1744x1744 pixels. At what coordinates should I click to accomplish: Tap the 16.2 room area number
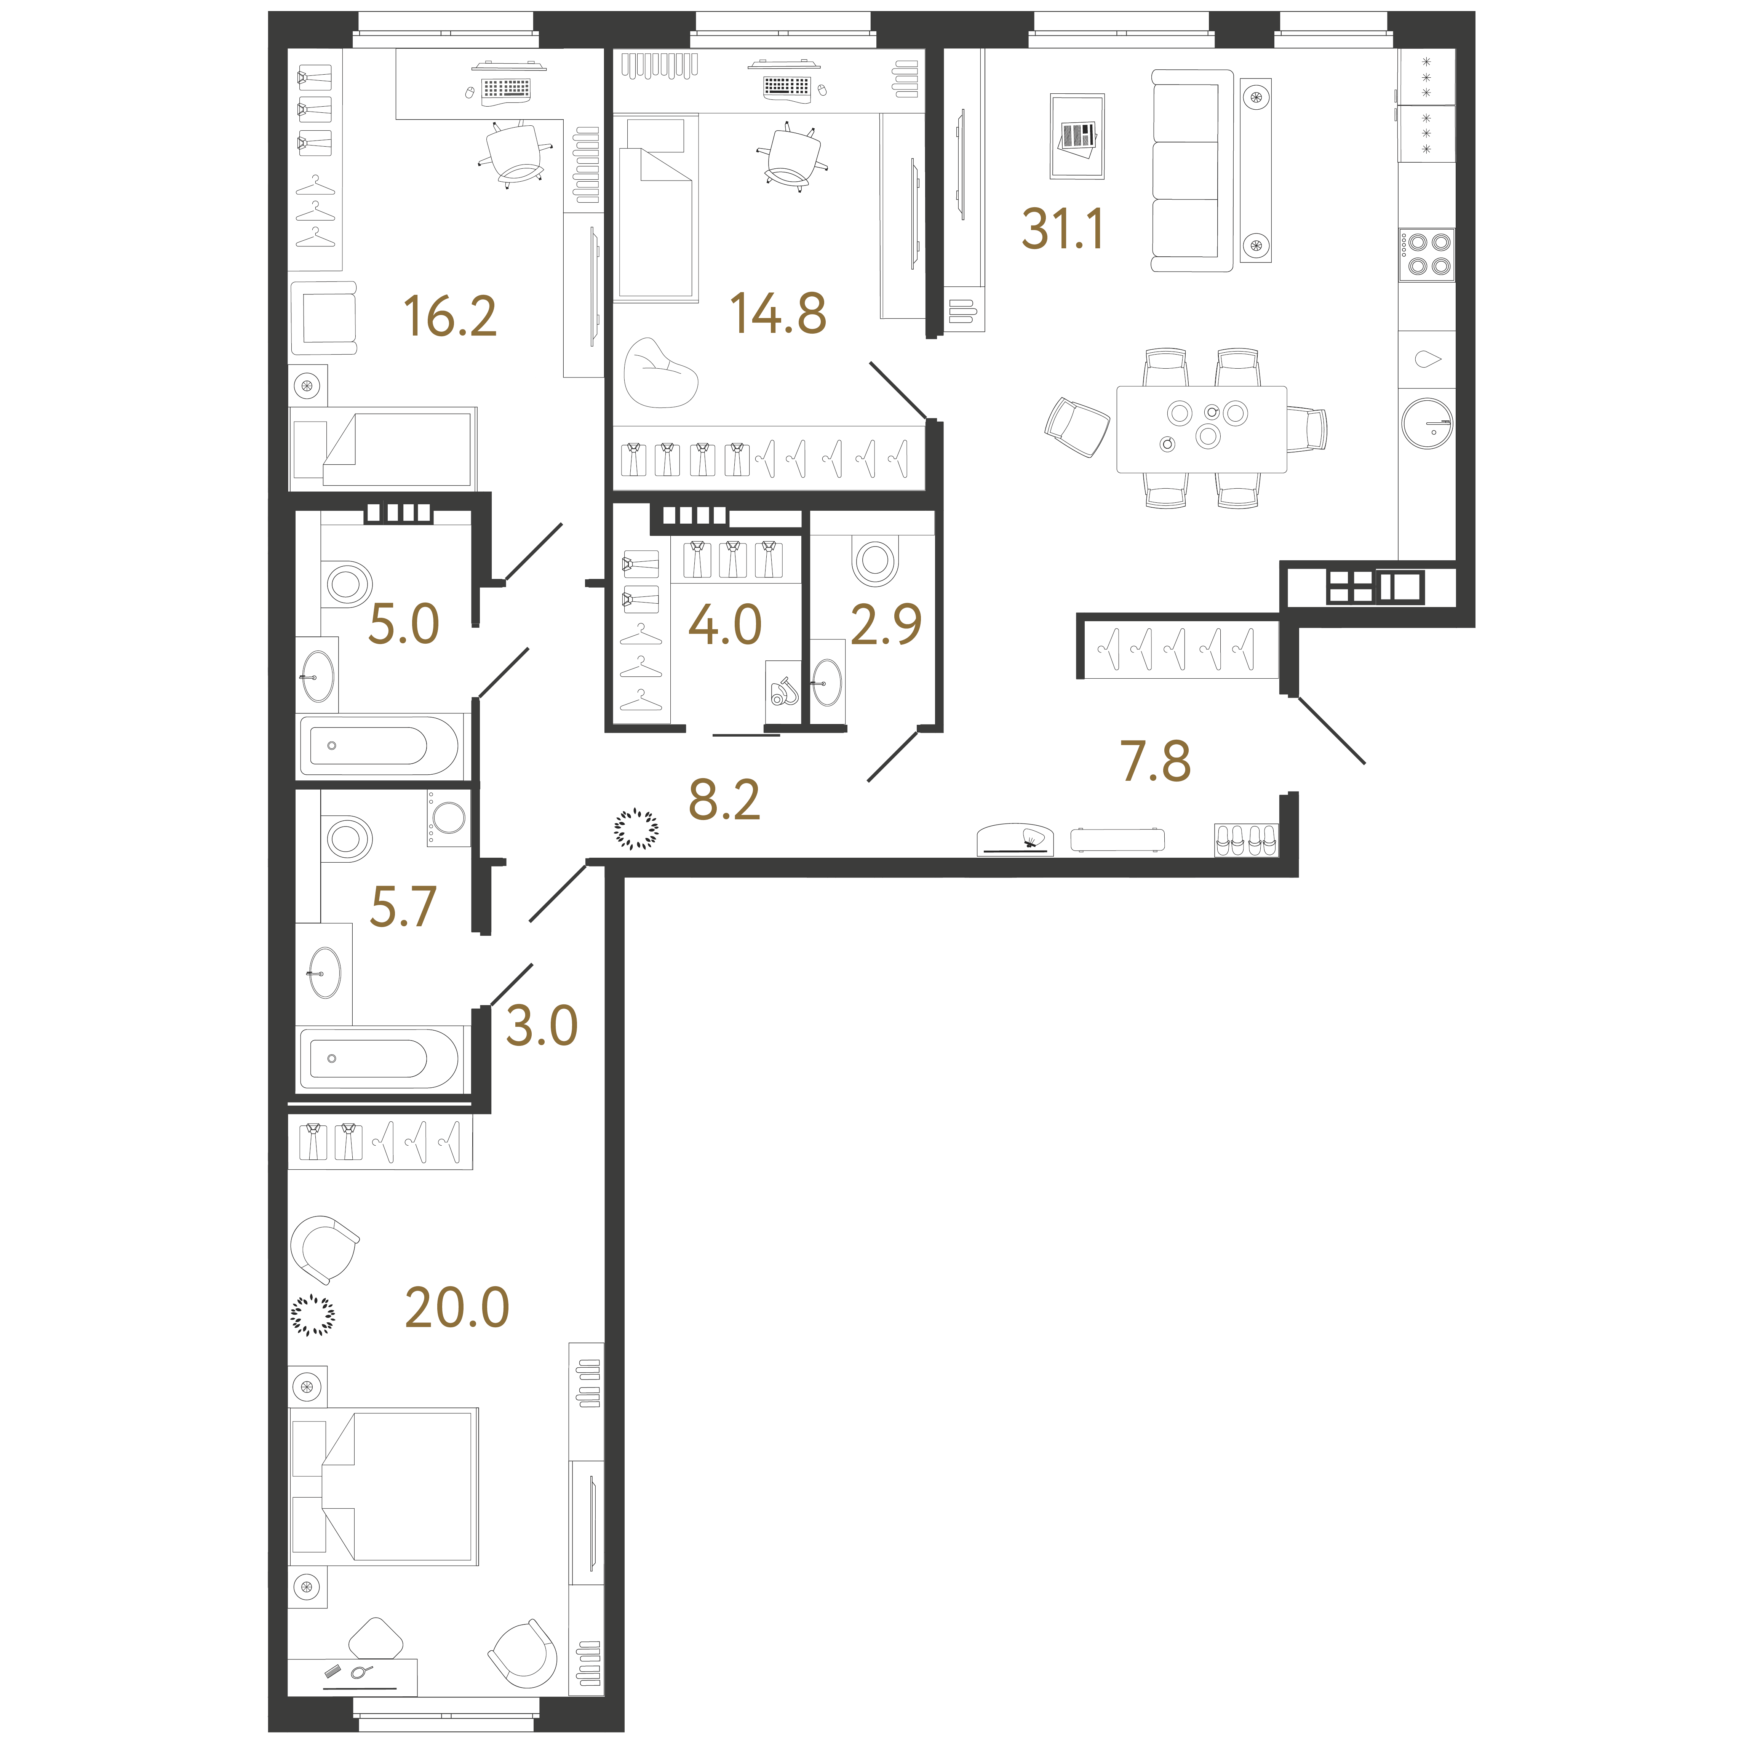[x=449, y=317]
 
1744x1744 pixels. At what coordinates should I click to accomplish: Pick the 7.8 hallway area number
[x=1156, y=761]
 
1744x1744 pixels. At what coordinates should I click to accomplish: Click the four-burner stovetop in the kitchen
[x=1426, y=254]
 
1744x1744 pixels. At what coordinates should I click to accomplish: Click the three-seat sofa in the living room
[x=1192, y=171]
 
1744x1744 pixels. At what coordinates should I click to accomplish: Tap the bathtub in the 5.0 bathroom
[x=379, y=746]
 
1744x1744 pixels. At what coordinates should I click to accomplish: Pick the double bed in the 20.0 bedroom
[x=384, y=1486]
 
